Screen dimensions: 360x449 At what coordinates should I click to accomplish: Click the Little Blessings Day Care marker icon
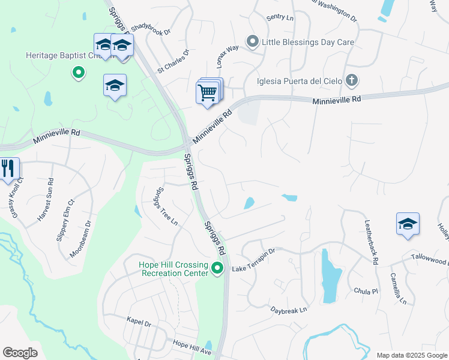click(253, 42)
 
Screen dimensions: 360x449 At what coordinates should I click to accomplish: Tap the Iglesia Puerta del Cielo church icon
click(352, 80)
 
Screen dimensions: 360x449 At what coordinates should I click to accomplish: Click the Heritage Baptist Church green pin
click(78, 74)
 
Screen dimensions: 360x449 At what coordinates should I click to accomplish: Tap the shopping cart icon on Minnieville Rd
click(206, 94)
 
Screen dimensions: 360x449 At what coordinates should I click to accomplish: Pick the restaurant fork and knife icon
click(8, 168)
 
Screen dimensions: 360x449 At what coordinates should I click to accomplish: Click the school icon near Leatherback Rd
click(408, 224)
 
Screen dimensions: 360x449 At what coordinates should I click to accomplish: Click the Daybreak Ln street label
click(288, 310)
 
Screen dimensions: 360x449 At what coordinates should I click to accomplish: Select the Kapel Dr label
click(139, 322)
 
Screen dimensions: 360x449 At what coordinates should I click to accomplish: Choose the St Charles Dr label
click(173, 62)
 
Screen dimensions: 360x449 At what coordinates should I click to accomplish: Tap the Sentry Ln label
click(280, 19)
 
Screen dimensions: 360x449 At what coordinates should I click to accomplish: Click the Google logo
click(20, 352)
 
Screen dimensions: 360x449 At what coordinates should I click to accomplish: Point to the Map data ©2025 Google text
click(411, 355)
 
